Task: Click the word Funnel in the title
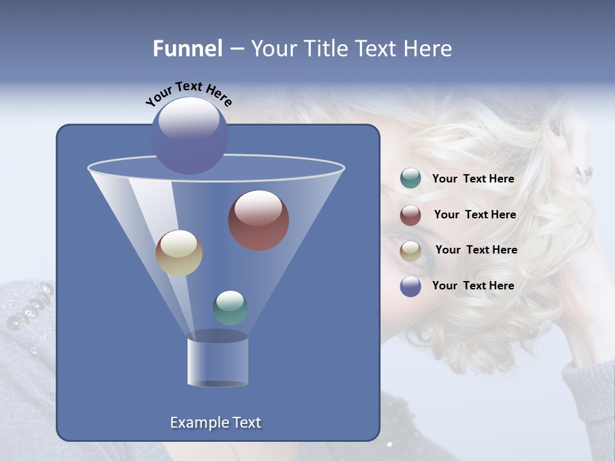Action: [x=188, y=49]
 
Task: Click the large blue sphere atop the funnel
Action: [x=189, y=135]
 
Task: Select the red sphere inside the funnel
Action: [x=259, y=220]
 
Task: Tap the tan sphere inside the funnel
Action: [x=179, y=253]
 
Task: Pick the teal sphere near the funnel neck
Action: [x=230, y=308]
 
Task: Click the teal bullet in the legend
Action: [x=411, y=179]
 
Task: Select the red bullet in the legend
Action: [x=411, y=215]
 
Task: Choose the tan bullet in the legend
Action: [x=411, y=251]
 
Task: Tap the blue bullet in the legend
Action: [x=411, y=286]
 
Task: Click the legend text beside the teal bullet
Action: [x=473, y=179]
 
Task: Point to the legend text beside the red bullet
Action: [x=475, y=215]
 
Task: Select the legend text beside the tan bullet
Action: [x=476, y=250]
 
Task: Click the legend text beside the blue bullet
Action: [x=473, y=286]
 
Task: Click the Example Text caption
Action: [x=215, y=423]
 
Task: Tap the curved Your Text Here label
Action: [x=189, y=94]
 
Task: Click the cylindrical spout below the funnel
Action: [x=217, y=362]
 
